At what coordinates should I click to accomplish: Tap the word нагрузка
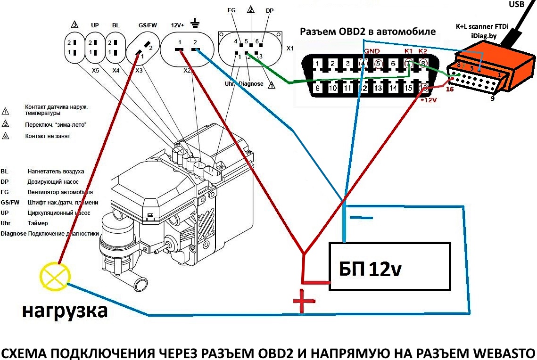click(65, 311)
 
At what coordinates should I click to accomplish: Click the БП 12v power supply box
click(389, 266)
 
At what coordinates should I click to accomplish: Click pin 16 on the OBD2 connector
click(424, 87)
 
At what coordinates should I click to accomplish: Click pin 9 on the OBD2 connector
click(318, 87)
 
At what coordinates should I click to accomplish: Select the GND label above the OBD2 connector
click(372, 51)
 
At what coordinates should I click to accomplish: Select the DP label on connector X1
click(269, 10)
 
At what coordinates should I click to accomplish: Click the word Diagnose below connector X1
click(250, 84)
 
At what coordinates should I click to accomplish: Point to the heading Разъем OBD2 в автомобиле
click(368, 32)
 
